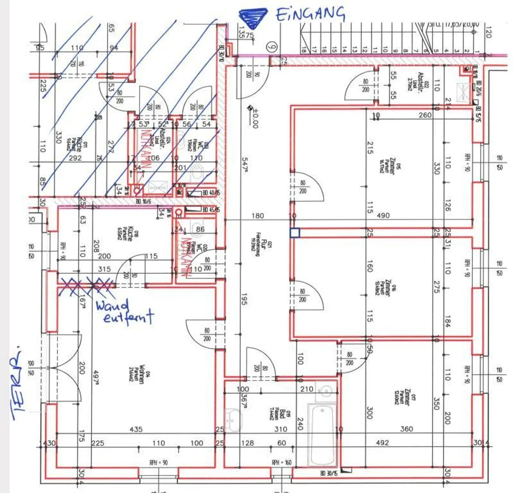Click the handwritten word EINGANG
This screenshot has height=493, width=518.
(x=310, y=14)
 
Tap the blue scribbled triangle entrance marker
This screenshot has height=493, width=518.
(x=252, y=17)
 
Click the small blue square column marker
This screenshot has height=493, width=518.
(x=295, y=233)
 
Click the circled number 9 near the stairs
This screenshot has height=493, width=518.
(x=271, y=47)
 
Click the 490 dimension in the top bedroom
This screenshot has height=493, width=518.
(x=383, y=215)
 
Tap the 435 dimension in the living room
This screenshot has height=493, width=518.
(x=136, y=429)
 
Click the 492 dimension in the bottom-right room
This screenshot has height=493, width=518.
(x=382, y=442)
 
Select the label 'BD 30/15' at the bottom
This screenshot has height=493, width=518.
(x=328, y=473)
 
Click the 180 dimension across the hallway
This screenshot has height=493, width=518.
(x=258, y=215)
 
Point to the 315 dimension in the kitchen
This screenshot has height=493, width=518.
(x=104, y=269)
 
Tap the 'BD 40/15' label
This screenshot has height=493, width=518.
(x=211, y=193)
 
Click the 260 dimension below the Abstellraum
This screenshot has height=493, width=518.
(x=425, y=115)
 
